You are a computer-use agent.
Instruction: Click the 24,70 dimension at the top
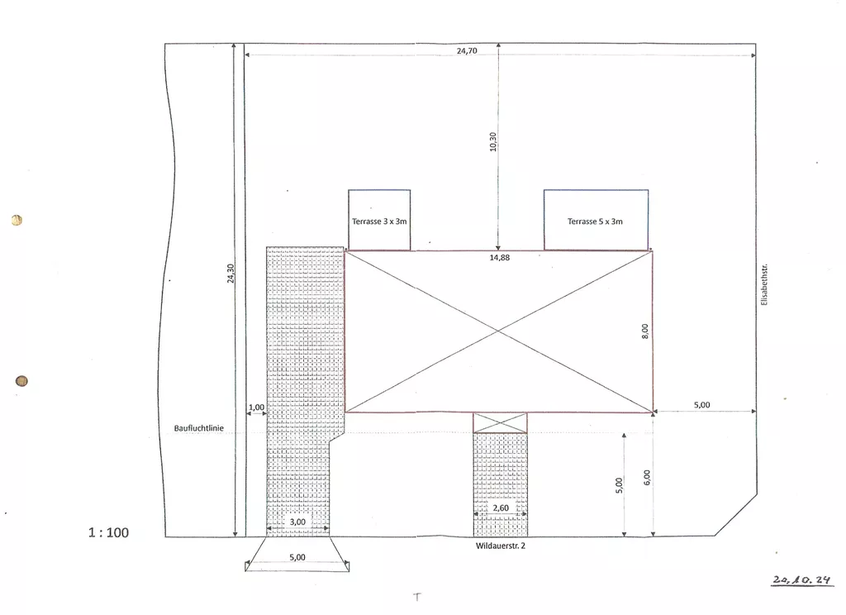[x=467, y=50]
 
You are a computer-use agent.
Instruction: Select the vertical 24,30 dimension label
[x=231, y=274]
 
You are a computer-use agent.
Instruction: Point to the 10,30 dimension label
[x=492, y=142]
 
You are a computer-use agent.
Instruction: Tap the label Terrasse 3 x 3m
[x=379, y=222]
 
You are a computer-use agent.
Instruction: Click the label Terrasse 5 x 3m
[x=595, y=222]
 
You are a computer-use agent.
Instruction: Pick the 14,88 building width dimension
[x=500, y=258]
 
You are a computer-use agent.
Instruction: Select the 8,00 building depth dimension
[x=645, y=331]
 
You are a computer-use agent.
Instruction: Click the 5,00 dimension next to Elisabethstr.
[x=702, y=405]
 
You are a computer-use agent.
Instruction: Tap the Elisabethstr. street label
[x=764, y=284]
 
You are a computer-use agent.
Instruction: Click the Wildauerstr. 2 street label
[x=500, y=546]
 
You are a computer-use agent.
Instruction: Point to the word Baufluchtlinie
[x=198, y=428]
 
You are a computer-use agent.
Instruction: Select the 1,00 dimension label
[x=256, y=408]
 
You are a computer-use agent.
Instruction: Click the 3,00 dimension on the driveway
[x=297, y=522]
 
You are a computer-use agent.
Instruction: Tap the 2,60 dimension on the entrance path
[x=501, y=508]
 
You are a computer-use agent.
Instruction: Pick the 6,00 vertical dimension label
[x=647, y=477]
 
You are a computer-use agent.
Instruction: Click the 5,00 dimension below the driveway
[x=297, y=557]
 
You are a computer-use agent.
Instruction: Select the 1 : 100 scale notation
[x=108, y=533]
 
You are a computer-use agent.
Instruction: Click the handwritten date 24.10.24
[x=801, y=580]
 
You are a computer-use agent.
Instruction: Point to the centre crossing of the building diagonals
[x=498, y=331]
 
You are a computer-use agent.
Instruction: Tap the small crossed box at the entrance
[x=500, y=422]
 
